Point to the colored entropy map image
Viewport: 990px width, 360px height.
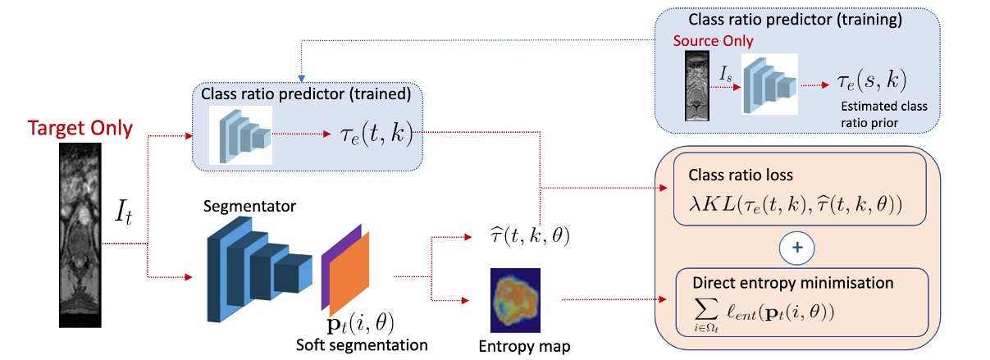pos(515,298)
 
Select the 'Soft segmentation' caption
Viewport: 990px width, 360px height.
pos(362,344)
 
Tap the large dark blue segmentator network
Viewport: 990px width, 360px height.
pos(258,267)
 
